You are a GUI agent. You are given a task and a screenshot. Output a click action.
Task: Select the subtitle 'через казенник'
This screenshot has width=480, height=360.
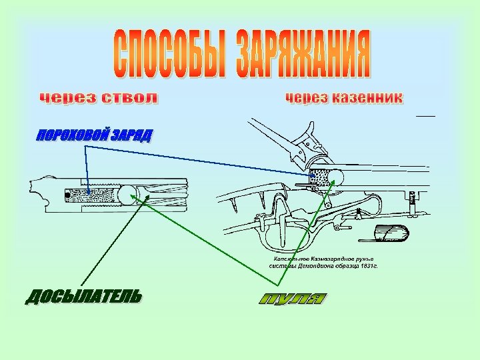(x=344, y=98)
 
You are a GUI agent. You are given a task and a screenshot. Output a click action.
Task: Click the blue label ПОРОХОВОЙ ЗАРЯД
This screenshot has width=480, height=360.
(x=93, y=136)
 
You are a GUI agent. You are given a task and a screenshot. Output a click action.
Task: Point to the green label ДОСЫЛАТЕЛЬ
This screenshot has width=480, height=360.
(x=83, y=295)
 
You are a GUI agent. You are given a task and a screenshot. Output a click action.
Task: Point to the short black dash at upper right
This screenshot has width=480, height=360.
(x=425, y=116)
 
